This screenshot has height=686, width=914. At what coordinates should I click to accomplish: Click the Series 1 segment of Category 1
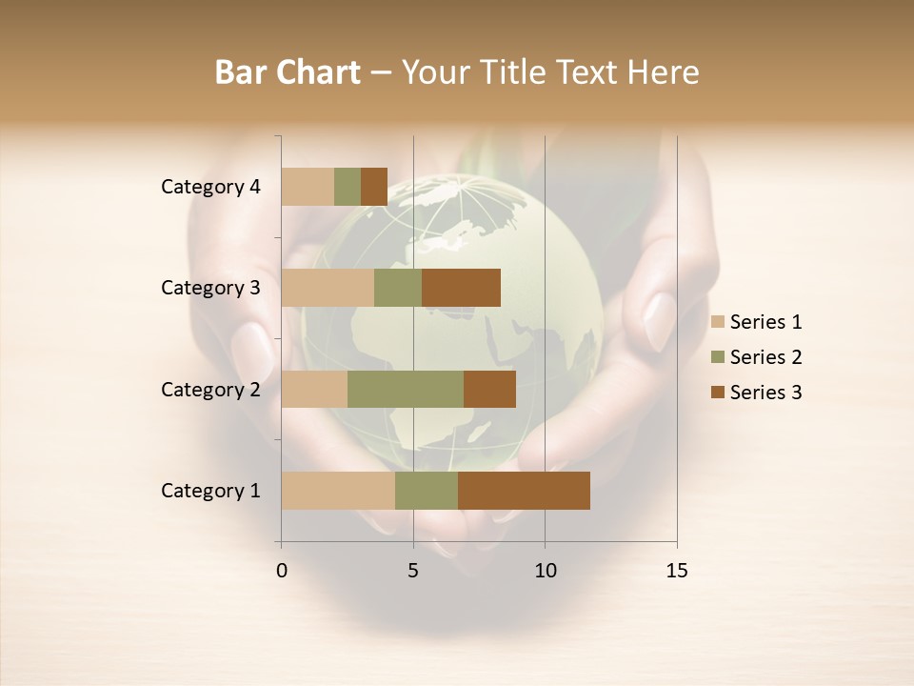point(338,491)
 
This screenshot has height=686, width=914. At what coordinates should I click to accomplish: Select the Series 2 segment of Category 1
point(427,491)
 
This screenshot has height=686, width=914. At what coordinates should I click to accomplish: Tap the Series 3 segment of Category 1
point(524,491)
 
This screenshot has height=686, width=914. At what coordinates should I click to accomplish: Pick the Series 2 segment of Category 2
point(406,389)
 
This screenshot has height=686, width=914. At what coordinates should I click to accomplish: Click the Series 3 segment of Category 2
point(489,389)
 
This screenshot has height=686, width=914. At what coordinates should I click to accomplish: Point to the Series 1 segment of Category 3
point(328,288)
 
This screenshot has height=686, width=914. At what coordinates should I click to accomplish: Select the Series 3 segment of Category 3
point(461,288)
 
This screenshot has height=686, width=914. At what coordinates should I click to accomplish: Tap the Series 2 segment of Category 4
point(348,187)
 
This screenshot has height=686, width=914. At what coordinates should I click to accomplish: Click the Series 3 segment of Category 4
point(374,187)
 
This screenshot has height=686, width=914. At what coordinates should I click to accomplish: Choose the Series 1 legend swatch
point(718,322)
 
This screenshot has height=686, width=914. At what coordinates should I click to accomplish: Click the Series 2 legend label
point(765,357)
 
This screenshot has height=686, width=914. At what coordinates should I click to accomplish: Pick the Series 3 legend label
point(765,393)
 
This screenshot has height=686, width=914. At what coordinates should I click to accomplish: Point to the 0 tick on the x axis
point(282,571)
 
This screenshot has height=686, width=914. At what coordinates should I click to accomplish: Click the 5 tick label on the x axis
point(413,571)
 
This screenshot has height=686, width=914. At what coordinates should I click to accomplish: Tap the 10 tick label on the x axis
point(545,571)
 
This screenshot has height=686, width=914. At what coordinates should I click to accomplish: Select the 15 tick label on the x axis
point(676,571)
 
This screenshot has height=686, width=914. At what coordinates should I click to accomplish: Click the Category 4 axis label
point(210,187)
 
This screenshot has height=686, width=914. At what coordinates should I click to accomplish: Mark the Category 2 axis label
point(210,389)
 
